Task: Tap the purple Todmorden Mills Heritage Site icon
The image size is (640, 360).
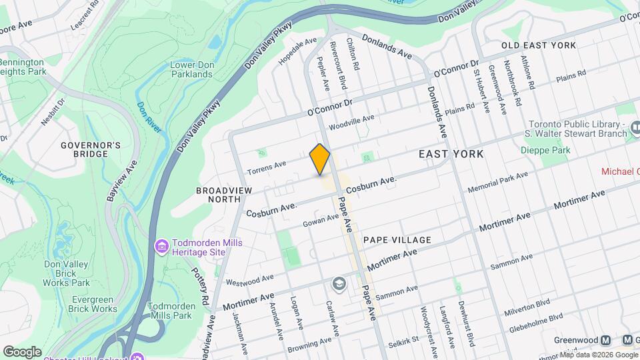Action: [161, 247]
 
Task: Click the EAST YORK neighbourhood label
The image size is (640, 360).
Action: [451, 154]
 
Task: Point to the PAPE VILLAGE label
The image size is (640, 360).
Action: [397, 239]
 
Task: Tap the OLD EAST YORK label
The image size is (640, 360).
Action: [538, 45]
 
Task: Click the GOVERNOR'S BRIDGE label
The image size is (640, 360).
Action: [90, 149]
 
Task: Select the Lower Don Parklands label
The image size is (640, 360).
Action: [191, 69]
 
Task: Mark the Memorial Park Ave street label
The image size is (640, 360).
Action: [497, 182]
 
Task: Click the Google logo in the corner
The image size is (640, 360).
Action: [21, 351]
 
